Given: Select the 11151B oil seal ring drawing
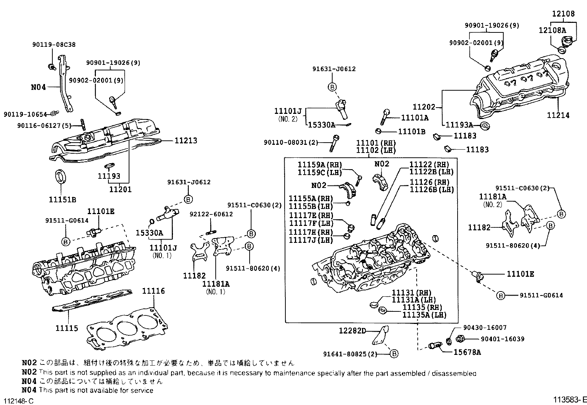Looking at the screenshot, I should point(60,177).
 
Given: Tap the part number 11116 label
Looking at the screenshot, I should point(153,291).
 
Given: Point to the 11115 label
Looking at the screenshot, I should point(67,328).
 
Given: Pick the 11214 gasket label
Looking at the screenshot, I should point(558,115).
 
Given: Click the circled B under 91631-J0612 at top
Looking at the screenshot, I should point(332,87).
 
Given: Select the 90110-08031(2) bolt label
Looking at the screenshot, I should point(291,142).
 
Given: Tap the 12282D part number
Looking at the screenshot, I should point(352,331).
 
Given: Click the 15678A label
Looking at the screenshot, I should point(467,352).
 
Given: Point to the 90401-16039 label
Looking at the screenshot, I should point(503,339).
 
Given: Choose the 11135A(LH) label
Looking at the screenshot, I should point(424,315).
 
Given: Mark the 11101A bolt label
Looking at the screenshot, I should point(415,118).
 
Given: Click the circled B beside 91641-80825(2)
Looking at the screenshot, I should point(394,354).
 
